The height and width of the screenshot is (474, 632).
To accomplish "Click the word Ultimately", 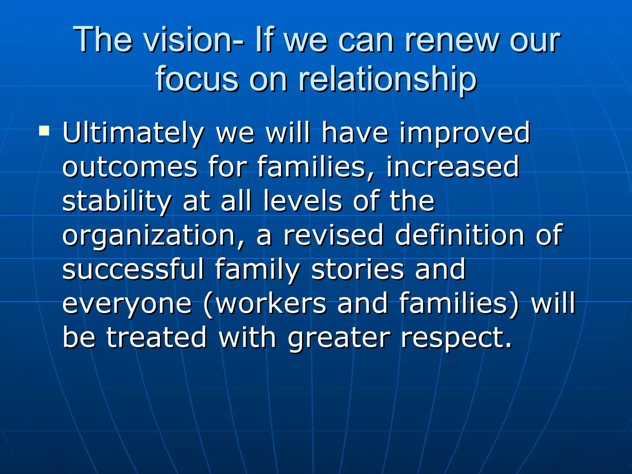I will point(133,133).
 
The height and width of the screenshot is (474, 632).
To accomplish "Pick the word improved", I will point(465,133).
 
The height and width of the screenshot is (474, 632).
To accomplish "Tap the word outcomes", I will point(130,167).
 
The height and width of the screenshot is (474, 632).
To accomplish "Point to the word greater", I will point(339,338).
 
